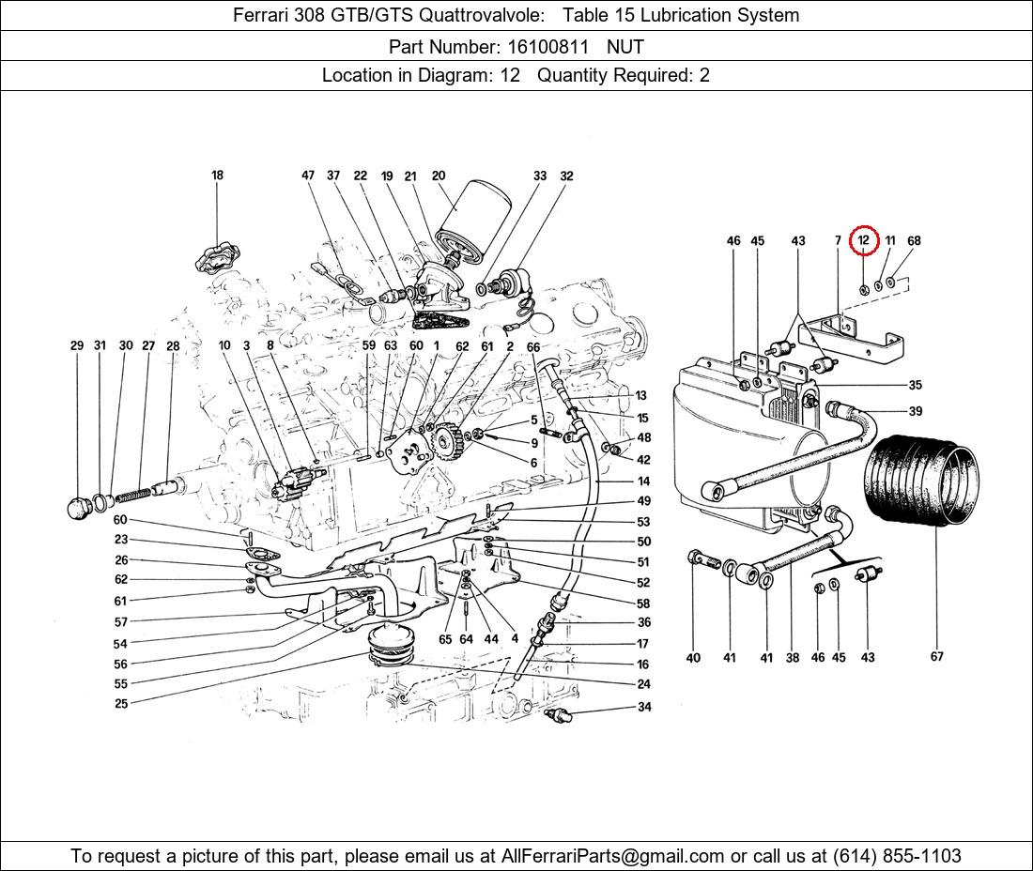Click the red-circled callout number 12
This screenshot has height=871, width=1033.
863,240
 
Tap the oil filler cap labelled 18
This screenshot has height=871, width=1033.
216,257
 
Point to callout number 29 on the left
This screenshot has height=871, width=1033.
77,345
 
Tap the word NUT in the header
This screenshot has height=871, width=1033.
625,45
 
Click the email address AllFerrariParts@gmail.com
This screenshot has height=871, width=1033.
613,856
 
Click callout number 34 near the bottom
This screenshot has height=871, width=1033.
643,707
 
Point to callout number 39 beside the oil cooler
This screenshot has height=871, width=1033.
915,411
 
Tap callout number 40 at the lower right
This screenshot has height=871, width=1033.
693,657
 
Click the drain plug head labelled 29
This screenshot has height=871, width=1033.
80,508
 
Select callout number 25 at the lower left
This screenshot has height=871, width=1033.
121,703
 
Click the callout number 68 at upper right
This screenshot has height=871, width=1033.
914,240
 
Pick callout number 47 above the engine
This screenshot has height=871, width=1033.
308,176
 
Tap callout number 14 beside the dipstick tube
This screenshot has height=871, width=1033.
643,481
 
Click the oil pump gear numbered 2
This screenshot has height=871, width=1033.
453,442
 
